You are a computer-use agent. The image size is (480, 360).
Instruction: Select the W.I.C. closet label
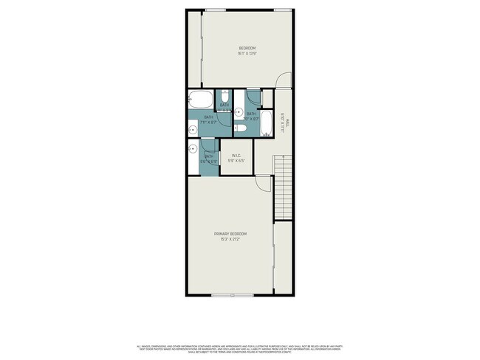coord(237,155)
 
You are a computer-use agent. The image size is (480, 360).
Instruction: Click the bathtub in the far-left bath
coord(200,100)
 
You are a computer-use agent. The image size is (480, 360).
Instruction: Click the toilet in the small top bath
coord(224,97)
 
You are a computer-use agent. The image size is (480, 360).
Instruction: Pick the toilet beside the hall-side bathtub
coord(241,128)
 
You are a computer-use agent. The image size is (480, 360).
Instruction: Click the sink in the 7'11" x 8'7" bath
coord(193,129)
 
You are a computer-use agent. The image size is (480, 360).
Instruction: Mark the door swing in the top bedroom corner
coord(284,80)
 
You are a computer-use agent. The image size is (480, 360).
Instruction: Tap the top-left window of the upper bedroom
coord(215,10)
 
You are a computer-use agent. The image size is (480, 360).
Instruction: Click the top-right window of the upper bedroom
coord(283,10)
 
